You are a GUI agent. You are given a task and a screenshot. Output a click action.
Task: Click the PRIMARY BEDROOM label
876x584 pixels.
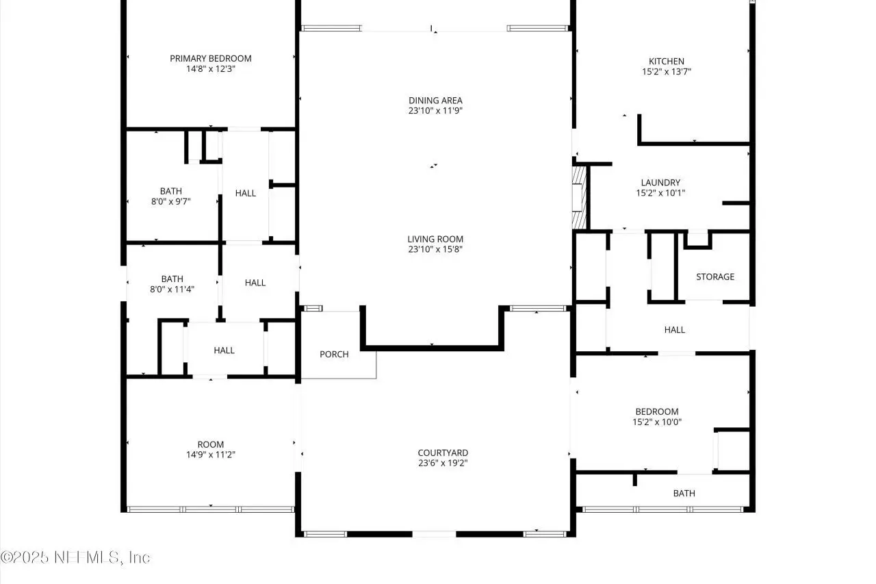point(210,58)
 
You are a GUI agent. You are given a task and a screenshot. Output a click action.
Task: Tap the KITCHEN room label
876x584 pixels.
point(667,61)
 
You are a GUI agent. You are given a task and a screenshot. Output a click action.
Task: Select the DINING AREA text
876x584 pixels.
point(435,100)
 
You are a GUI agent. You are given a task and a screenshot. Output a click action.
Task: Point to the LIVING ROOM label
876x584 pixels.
point(435,239)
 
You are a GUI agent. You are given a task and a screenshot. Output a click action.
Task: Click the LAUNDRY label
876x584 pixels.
point(660,182)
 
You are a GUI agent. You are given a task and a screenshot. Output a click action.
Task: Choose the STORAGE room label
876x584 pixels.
point(715,277)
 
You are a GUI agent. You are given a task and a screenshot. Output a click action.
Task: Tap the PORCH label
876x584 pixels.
point(334,354)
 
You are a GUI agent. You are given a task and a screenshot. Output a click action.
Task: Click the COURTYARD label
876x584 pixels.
point(443,453)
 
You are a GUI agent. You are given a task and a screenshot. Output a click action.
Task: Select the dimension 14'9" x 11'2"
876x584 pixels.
point(210,455)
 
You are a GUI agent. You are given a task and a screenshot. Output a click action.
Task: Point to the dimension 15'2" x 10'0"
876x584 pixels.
point(657,422)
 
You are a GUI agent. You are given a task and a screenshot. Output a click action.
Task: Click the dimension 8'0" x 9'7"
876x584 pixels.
point(171,201)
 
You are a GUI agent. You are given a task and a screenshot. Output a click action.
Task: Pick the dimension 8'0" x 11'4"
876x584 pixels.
point(172,289)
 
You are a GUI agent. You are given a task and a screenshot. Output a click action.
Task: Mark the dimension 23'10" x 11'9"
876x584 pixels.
point(435,110)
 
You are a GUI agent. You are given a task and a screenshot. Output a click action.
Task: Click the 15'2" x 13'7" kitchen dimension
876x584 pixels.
point(667,71)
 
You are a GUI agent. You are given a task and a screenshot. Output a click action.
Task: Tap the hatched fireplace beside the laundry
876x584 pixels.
point(579,198)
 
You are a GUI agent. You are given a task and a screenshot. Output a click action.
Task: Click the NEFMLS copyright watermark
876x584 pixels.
point(75,557)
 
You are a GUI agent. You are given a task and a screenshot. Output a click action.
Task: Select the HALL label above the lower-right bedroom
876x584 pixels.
point(675,330)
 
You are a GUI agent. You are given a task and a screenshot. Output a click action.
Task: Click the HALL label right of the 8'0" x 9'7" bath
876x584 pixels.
point(246,193)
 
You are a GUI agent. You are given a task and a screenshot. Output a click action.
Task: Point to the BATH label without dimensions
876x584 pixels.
point(684,493)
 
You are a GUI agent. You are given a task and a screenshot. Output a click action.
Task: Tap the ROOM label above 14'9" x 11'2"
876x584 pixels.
point(210,444)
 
